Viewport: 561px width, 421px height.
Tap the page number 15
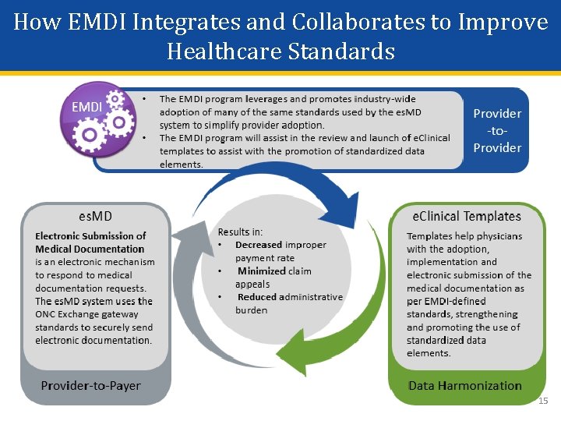(543, 401)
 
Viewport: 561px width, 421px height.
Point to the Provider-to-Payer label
(90, 385)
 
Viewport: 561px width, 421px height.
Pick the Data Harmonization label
(464, 385)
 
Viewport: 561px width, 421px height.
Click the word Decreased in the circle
(259, 245)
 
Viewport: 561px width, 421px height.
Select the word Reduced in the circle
(257, 297)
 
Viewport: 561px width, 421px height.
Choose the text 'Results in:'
(240, 232)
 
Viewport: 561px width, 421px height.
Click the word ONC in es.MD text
(45, 314)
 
